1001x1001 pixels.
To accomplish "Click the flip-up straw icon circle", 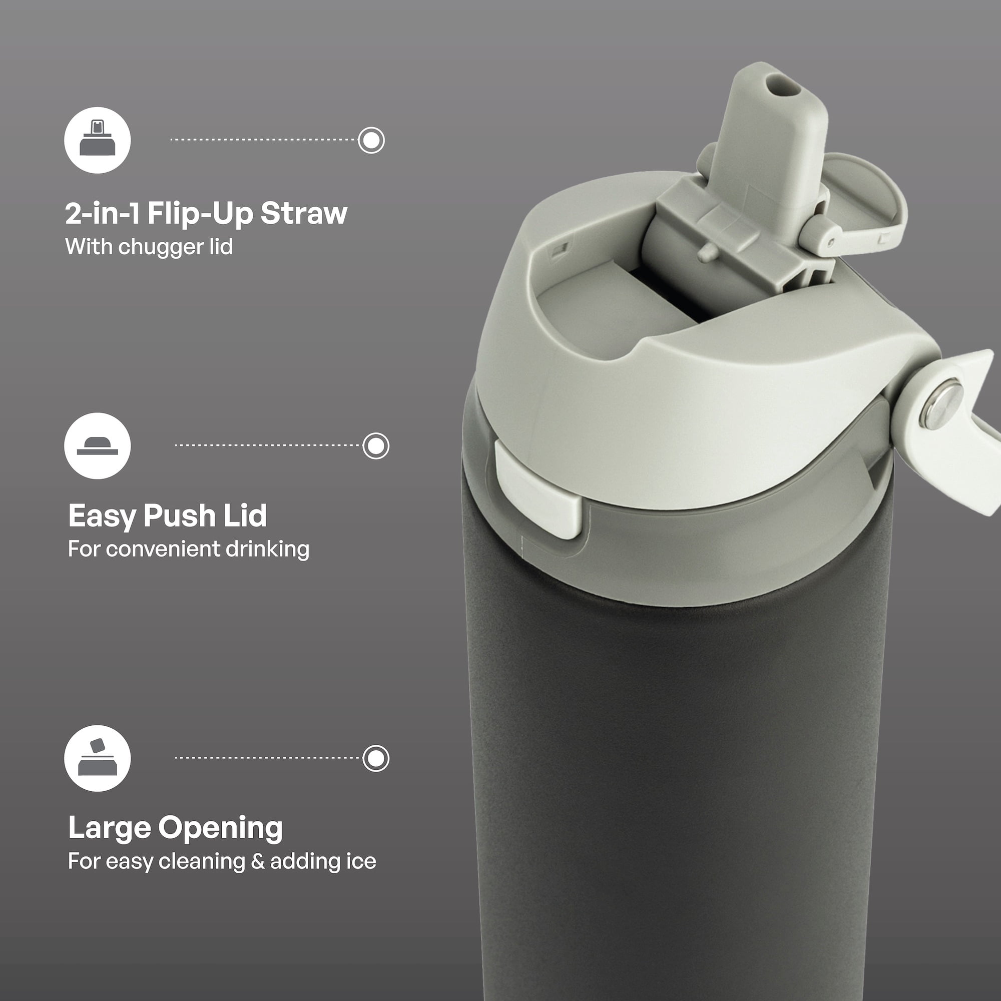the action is (98, 140).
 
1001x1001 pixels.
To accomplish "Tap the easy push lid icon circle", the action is (98, 445).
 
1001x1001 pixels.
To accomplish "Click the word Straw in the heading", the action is (304, 213).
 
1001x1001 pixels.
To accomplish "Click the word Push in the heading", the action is (179, 516).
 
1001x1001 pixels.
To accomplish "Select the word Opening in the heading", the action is (220, 828).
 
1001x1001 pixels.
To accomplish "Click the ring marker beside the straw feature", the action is (371, 140).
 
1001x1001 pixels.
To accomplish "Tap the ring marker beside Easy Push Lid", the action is (376, 445).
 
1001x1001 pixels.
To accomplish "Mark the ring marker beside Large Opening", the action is (376, 759).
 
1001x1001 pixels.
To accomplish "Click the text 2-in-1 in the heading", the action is (103, 213).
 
